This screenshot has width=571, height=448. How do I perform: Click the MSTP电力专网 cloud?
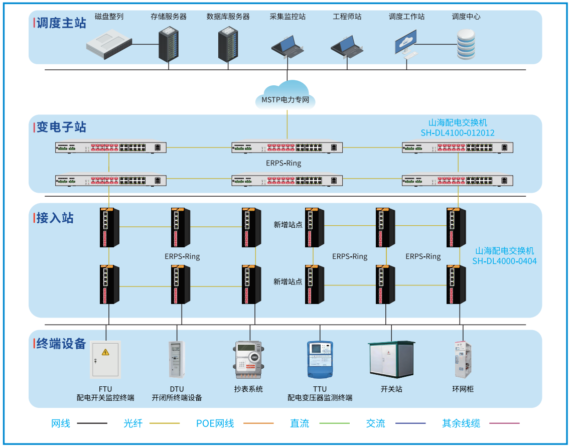[x=285, y=96]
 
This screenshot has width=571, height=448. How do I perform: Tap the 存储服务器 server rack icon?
[x=169, y=44]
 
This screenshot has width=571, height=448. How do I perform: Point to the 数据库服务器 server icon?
[x=228, y=44]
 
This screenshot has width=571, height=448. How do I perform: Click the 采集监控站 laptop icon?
[x=288, y=47]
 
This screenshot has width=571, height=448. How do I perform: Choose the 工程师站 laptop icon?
[x=347, y=48]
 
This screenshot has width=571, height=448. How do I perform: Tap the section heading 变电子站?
[x=61, y=127]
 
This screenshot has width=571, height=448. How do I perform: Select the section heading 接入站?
[x=55, y=218]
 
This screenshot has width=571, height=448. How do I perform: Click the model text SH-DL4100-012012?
[x=458, y=133]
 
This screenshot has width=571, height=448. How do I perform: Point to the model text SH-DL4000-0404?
[x=504, y=261]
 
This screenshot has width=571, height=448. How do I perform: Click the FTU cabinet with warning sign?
[x=105, y=360]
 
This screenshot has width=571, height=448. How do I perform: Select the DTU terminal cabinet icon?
[x=177, y=359]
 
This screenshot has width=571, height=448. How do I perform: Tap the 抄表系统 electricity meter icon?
[x=248, y=360]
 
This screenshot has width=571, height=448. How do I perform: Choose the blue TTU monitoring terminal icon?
[x=320, y=359]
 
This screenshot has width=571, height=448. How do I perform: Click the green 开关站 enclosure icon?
[x=391, y=359]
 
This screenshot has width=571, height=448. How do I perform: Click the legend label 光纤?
[x=133, y=423]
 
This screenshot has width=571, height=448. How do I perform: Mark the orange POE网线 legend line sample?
[x=258, y=423]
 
